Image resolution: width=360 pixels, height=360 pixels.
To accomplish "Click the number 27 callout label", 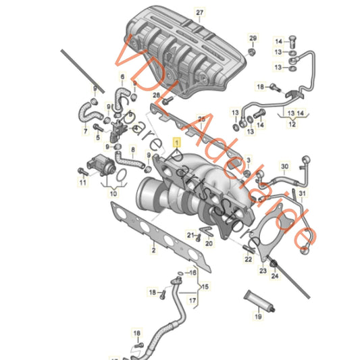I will tap(199, 13).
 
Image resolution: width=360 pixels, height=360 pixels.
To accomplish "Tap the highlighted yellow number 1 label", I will tap(178, 143).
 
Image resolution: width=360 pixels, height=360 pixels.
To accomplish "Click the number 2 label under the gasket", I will tap(153, 251).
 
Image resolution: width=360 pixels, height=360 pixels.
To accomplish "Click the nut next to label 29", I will tap(251, 51).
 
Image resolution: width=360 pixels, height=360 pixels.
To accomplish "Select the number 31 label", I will tap(303, 194).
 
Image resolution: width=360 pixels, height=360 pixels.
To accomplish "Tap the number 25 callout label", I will tap(201, 118).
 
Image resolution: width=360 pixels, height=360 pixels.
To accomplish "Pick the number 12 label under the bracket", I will tap(292, 124).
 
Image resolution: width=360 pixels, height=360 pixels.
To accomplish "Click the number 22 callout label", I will tap(248, 258).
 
